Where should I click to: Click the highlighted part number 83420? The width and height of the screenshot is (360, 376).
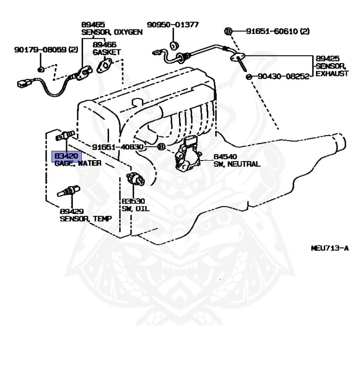(66, 156)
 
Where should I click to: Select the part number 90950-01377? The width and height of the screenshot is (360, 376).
(173, 24)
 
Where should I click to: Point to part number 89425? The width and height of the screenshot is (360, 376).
(327, 58)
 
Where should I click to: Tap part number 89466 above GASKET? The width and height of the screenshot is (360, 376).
(104, 45)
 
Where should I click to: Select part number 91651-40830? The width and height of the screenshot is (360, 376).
(117, 147)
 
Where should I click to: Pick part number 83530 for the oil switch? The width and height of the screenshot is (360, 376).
(133, 202)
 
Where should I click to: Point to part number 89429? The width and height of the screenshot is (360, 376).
(71, 211)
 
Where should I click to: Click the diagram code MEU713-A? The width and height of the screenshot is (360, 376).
(330, 248)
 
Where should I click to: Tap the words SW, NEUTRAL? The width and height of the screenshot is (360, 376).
(237, 164)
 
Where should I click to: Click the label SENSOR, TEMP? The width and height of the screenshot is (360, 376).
(86, 219)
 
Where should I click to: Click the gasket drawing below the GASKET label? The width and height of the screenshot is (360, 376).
(105, 64)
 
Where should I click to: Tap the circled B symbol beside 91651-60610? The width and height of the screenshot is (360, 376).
(227, 31)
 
